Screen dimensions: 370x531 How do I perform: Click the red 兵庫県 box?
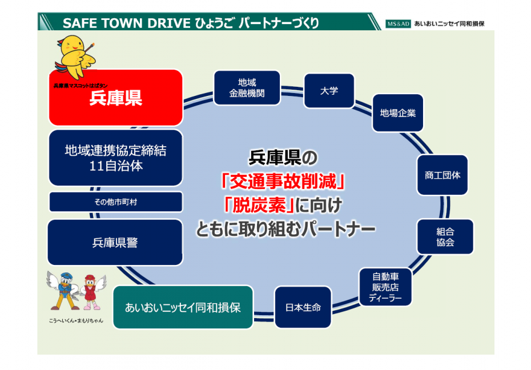click(115, 98)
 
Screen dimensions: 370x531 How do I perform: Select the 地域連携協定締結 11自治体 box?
click(115, 158)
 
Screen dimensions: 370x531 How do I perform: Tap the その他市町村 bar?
click(115, 202)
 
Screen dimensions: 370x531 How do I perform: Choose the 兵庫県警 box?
click(115, 243)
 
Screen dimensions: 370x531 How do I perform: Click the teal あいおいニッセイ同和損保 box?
click(183, 308)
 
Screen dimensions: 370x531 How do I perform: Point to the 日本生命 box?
click(303, 308)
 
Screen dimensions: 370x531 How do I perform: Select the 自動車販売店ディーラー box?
click(385, 287)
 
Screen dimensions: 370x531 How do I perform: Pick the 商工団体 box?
click(442, 175)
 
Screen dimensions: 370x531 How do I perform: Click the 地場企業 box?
click(398, 113)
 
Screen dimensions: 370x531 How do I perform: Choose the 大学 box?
click(329, 91)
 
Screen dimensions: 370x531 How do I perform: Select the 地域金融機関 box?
click(247, 88)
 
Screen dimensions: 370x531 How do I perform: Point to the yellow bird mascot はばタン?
click(76, 54)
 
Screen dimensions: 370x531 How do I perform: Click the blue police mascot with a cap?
click(62, 290)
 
